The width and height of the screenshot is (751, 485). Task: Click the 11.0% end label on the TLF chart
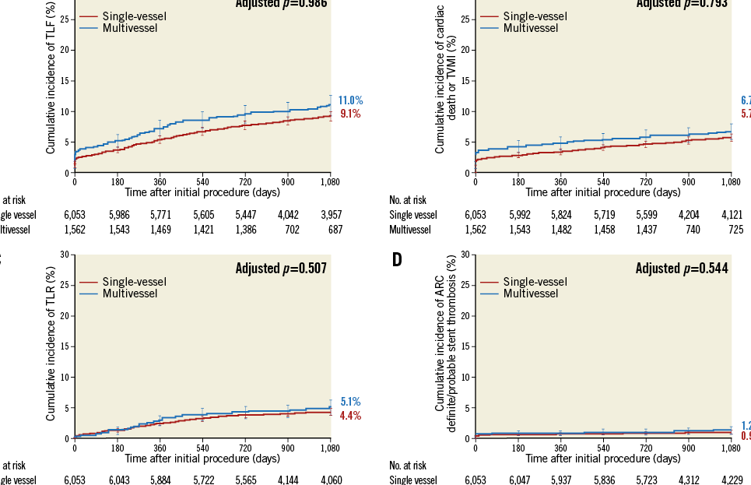click(x=350, y=100)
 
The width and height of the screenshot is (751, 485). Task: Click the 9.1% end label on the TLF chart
click(x=350, y=114)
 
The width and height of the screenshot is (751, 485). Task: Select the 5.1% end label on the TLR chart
click(x=350, y=402)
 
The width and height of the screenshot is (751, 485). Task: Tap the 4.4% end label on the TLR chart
click(x=350, y=416)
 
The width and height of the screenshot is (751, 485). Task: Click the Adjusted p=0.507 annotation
click(x=281, y=269)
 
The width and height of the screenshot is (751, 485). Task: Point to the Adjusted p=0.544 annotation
click(x=682, y=269)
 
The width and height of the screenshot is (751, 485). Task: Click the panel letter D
click(x=397, y=259)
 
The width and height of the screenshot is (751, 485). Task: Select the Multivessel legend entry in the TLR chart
click(x=130, y=293)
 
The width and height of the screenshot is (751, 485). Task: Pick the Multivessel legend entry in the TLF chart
click(x=130, y=28)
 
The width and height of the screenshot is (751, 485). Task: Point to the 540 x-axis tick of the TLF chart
click(x=202, y=181)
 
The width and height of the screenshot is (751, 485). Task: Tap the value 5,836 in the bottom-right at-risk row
click(x=602, y=479)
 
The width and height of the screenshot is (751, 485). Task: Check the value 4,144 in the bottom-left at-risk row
click(x=287, y=479)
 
